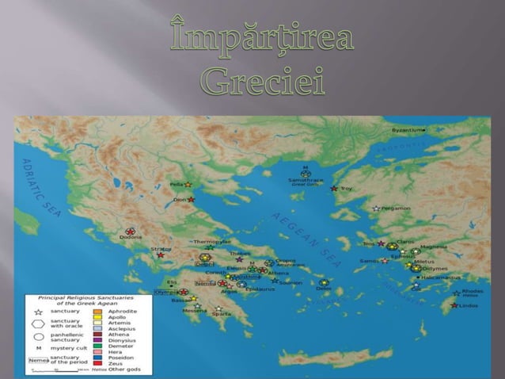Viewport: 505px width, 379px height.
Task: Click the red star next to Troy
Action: [334, 189]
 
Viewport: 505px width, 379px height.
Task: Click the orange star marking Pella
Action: [188, 185]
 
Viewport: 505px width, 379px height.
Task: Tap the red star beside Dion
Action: [192, 200]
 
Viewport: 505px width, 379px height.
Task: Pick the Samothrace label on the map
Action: [305, 182]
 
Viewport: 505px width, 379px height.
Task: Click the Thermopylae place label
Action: [212, 241]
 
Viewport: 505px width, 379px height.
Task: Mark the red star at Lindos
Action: [454, 305]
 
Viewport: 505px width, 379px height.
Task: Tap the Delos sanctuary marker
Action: [324, 283]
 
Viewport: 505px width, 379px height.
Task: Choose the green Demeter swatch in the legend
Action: [98, 346]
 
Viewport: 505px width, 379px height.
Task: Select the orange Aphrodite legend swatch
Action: [98, 312]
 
